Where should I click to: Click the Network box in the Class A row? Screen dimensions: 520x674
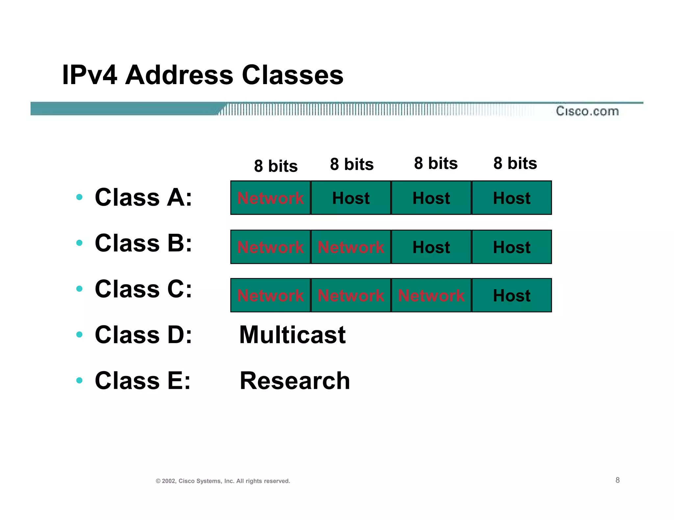pyautogui.click(x=270, y=198)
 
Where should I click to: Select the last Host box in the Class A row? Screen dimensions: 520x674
pyautogui.click(x=511, y=198)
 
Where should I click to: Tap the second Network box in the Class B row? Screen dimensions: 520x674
pyautogui.click(x=351, y=247)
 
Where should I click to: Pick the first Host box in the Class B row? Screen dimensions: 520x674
pyautogui.click(x=431, y=247)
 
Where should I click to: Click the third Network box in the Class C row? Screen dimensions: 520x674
pyautogui.click(x=431, y=295)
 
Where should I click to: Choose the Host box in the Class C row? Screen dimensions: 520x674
pyautogui.click(x=511, y=295)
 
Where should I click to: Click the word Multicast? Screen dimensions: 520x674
pyautogui.click(x=292, y=335)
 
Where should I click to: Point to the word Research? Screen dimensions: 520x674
pyautogui.click(x=295, y=381)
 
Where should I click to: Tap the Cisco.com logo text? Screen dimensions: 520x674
pyautogui.click(x=587, y=111)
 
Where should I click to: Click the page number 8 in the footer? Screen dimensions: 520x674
pyautogui.click(x=617, y=480)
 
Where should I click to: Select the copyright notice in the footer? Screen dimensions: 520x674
pyautogui.click(x=223, y=481)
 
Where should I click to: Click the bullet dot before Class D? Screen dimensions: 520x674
pyautogui.click(x=79, y=335)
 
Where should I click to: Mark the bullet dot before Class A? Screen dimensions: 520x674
pyautogui.click(x=79, y=197)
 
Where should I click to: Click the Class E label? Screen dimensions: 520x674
pyautogui.click(x=143, y=381)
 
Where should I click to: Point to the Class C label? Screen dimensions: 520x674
pyautogui.click(x=143, y=289)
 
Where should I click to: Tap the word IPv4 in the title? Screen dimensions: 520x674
pyautogui.click(x=90, y=75)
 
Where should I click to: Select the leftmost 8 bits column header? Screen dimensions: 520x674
pyautogui.click(x=276, y=166)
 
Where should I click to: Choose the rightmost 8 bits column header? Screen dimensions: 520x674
pyautogui.click(x=515, y=163)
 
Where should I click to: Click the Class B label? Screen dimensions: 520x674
pyautogui.click(x=143, y=243)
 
